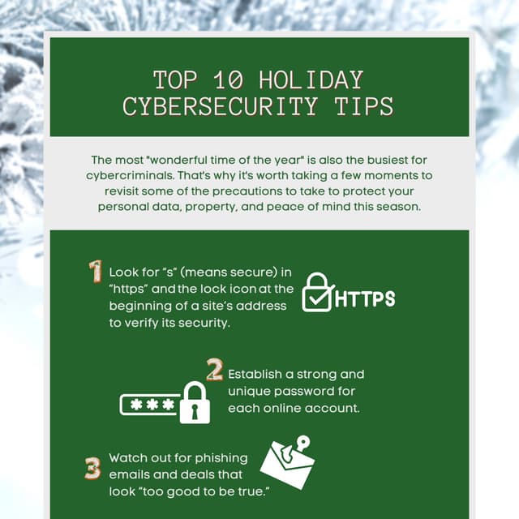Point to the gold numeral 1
(x=95, y=272)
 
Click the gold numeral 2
(x=214, y=371)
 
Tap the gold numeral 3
(x=92, y=469)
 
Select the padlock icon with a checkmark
(x=316, y=294)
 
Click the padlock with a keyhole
(x=195, y=402)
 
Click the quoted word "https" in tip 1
(x=129, y=289)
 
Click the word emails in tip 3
(x=130, y=475)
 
